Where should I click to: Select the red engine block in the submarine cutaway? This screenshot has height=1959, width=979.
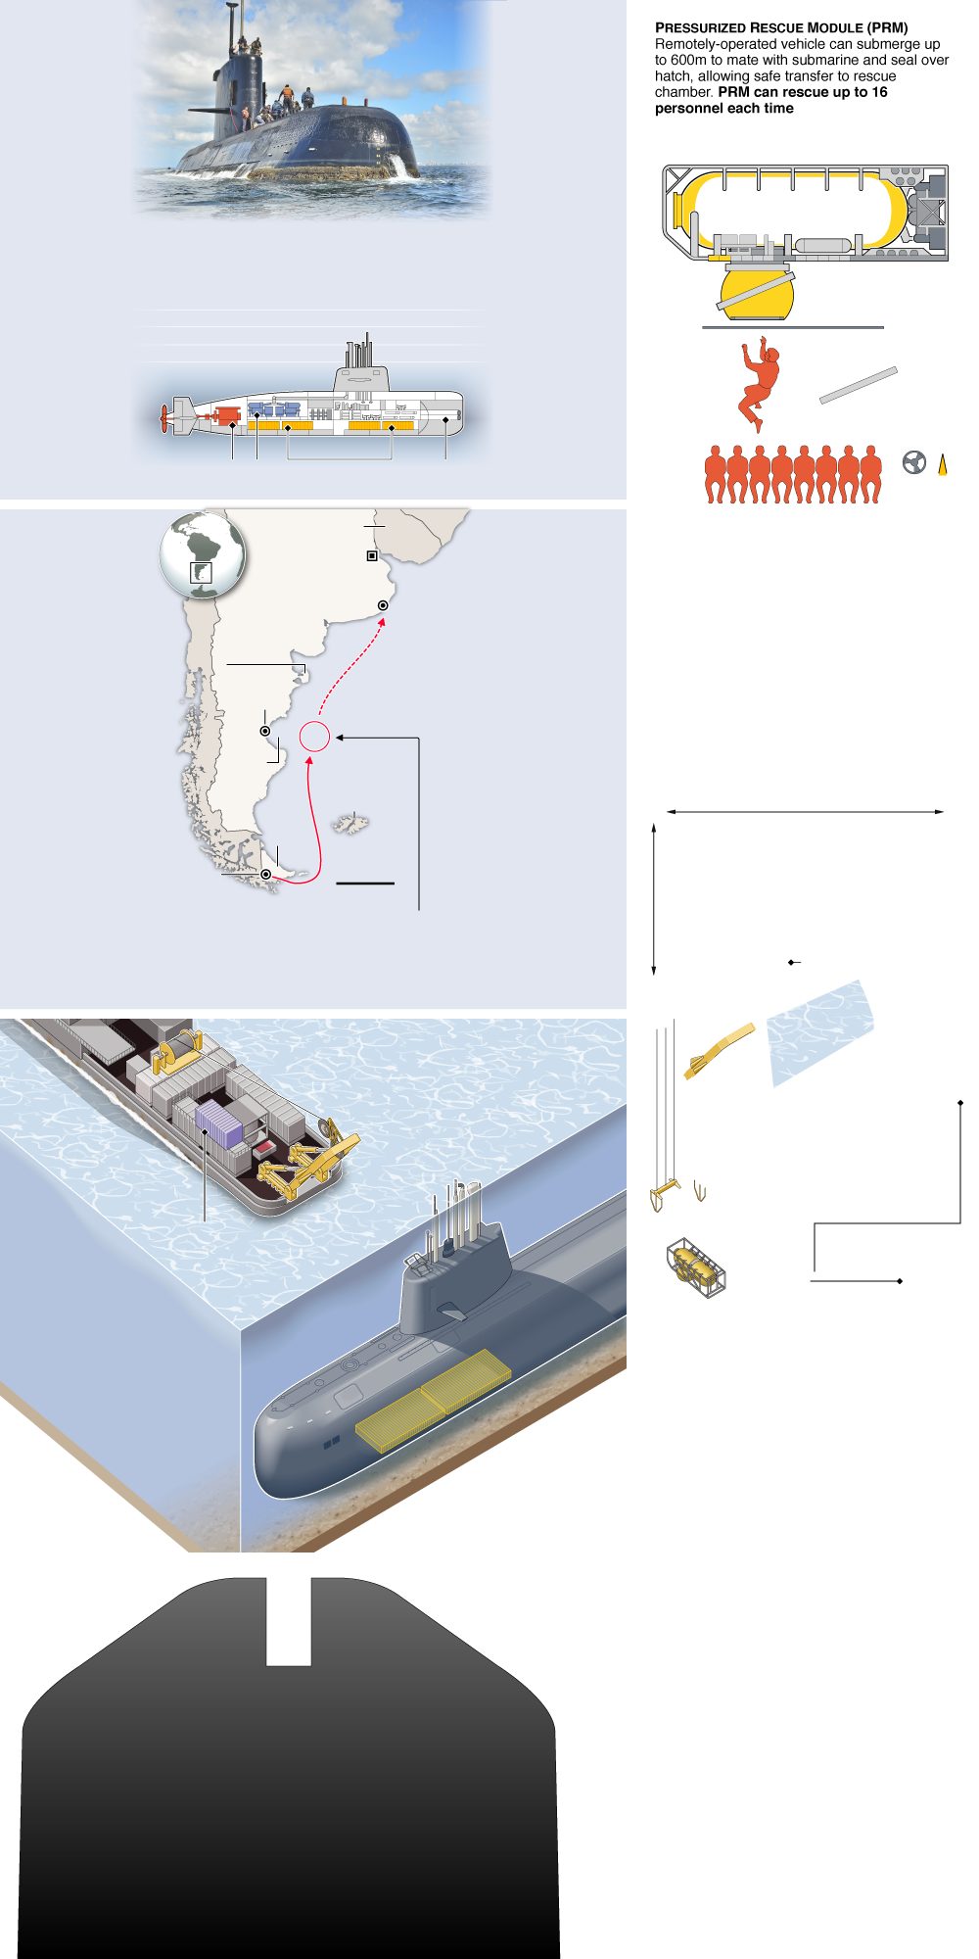(x=227, y=414)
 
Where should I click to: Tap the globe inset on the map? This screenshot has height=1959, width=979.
(x=202, y=555)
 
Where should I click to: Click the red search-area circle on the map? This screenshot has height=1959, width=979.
(x=314, y=737)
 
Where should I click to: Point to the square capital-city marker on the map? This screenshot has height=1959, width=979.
(x=372, y=555)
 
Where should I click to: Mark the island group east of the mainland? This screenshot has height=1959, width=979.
(x=350, y=823)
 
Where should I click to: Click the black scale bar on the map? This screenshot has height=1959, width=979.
(x=365, y=884)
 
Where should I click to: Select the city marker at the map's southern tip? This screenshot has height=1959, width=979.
(x=265, y=874)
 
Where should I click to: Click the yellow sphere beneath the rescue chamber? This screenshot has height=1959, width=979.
(x=756, y=294)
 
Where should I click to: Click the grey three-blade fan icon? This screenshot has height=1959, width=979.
(x=914, y=462)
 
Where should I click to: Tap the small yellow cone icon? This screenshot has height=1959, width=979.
(x=943, y=466)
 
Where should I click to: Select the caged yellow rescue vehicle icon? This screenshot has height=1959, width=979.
(x=696, y=1267)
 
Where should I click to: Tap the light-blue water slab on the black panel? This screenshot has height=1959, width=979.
(x=819, y=1032)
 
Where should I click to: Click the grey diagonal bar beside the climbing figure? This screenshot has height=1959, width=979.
(x=859, y=385)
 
